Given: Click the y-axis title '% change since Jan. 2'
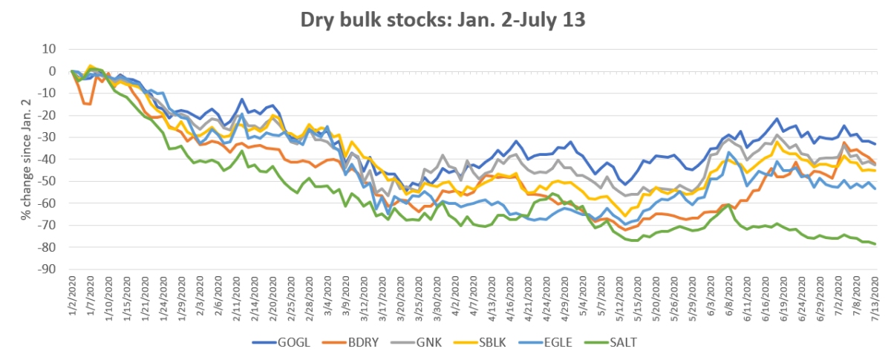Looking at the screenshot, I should pyautogui.click(x=26, y=159).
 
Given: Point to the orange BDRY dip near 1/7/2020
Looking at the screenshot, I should pyautogui.click(x=88, y=104).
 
